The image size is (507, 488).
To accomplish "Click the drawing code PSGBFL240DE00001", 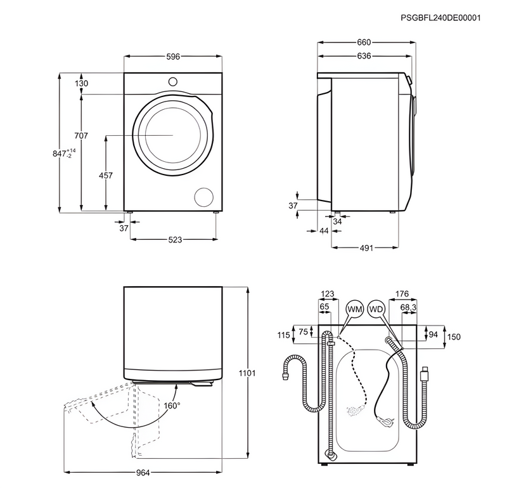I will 440,18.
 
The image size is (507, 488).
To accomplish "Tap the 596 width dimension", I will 173,56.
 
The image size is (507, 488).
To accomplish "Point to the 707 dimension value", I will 80,136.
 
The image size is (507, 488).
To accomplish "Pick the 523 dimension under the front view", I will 175,240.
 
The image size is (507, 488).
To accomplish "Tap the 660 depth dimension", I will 364,43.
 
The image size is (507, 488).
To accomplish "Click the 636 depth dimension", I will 364,56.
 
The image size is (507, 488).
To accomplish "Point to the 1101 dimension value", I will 247,373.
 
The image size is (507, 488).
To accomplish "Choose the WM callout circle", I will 354,309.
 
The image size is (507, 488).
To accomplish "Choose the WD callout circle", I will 376,309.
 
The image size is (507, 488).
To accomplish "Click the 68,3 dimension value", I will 409,307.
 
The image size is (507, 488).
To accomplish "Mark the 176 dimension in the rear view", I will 402,294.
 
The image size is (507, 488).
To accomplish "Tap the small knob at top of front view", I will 173,81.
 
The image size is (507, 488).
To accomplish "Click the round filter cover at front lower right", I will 204,197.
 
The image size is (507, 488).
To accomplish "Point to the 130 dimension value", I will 80,84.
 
